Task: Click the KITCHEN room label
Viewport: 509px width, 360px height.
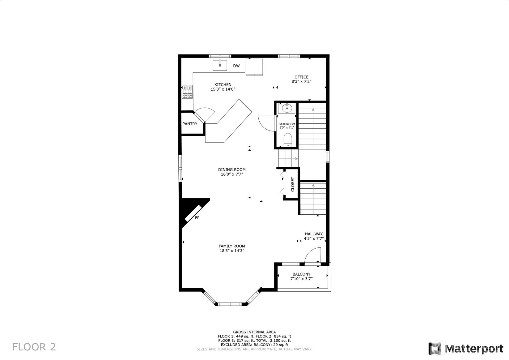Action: click(223, 85)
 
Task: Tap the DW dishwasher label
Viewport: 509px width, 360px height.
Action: click(236, 66)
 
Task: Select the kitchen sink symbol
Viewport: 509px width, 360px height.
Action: click(220, 65)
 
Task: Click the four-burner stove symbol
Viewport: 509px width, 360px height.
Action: click(188, 92)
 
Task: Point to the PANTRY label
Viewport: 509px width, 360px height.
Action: click(190, 124)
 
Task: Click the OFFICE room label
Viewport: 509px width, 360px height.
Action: click(302, 77)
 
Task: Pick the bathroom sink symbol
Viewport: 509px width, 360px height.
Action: click(287, 108)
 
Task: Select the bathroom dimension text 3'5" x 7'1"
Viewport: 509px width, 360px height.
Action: click(287, 128)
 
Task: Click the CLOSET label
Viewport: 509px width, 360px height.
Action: click(293, 184)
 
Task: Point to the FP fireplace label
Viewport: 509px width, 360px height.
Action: click(197, 218)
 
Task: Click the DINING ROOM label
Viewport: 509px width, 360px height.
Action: click(232, 170)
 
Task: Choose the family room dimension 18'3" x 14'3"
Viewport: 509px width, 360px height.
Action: click(232, 251)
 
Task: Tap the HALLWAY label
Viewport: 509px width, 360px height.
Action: click(314, 234)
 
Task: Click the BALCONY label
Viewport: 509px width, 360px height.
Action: click(302, 274)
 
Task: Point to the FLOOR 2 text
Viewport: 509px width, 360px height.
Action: click(34, 347)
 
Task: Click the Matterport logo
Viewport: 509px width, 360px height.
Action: click(466, 349)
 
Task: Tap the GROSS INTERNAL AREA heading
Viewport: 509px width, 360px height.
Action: click(255, 332)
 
